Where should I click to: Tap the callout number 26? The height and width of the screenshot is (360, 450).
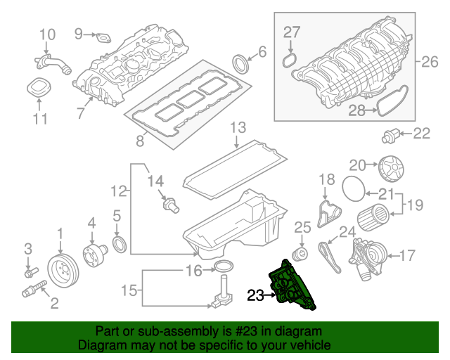tap(429, 61)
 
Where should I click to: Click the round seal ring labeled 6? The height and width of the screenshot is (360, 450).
tap(240, 63)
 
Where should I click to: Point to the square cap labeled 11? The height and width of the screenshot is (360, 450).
tap(39, 89)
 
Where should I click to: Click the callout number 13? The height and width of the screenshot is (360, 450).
tap(238, 127)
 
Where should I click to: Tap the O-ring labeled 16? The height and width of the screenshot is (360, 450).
tap(223, 266)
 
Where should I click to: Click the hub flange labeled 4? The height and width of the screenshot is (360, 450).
tap(92, 252)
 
